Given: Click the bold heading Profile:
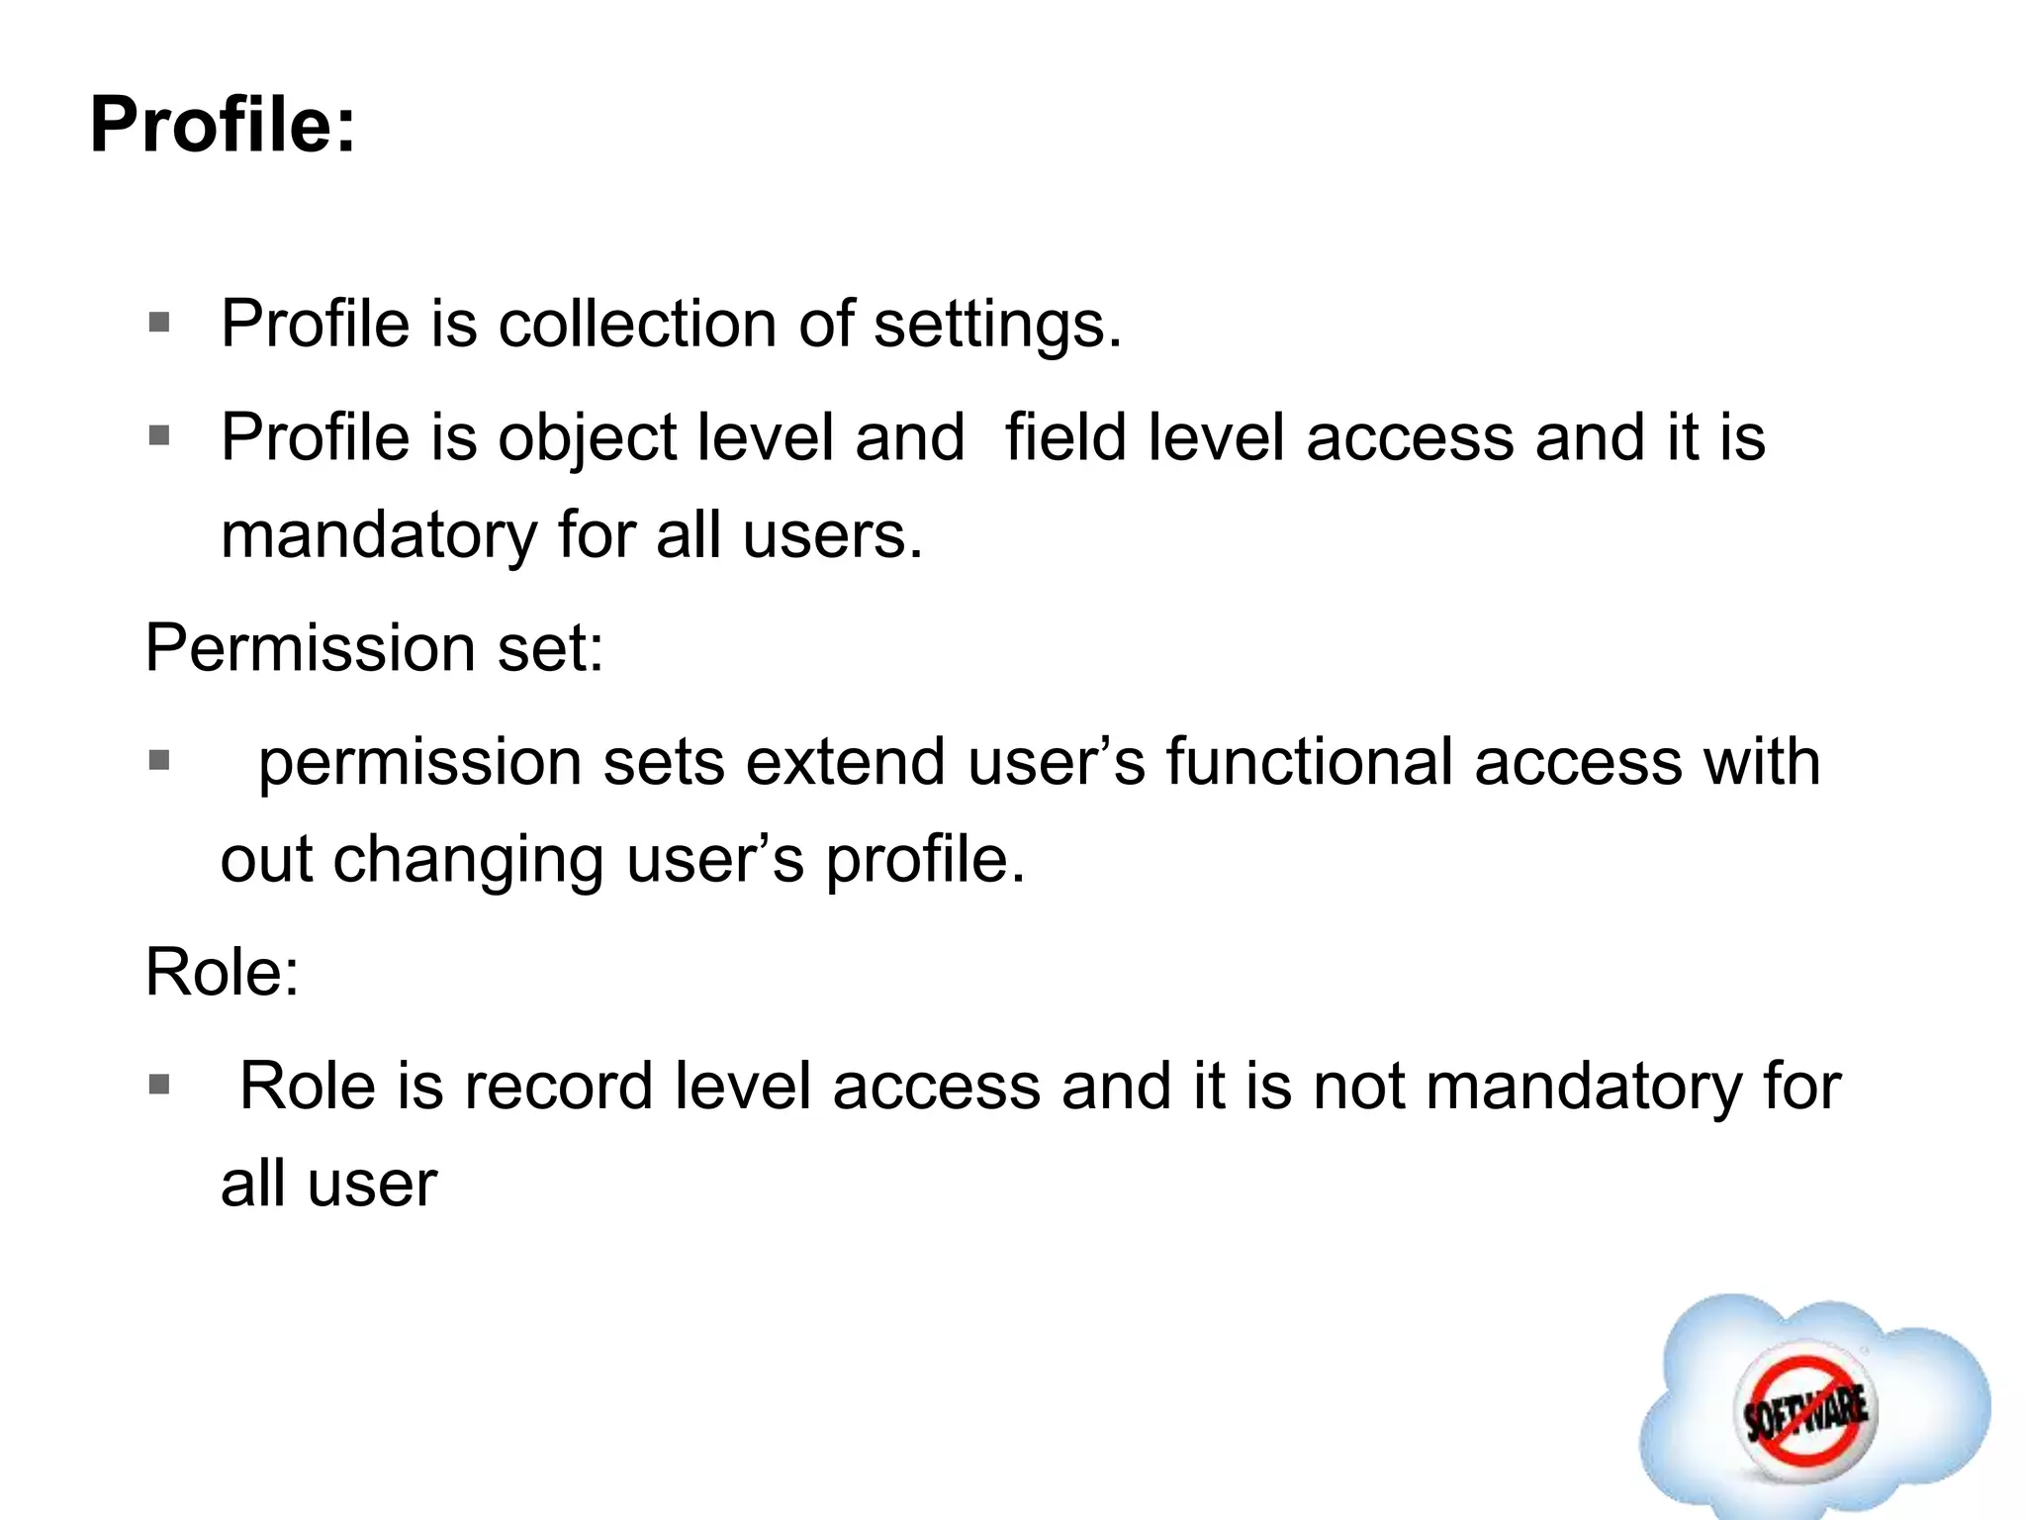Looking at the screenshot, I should coord(223,126).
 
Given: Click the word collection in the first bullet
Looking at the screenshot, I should coord(637,324).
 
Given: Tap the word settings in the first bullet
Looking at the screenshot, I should coord(997,326).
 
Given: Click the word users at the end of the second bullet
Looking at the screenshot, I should coord(832,535).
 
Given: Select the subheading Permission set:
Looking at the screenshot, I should coord(374,648).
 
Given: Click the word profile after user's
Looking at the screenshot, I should coord(925,859).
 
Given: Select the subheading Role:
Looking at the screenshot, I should coord(222,972).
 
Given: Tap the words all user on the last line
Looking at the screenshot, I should coord(328,1184).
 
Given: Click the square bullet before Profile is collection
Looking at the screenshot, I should coord(159,323).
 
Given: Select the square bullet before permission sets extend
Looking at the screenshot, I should coord(159,760).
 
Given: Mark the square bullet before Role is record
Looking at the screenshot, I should coord(159,1085).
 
